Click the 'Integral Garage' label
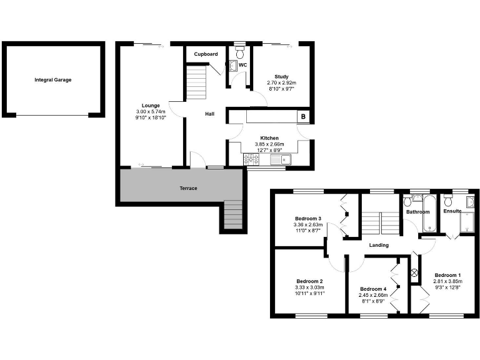click(x=53, y=80)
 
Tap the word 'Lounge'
click(x=150, y=106)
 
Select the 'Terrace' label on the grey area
click(x=188, y=188)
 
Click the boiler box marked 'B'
click(x=304, y=116)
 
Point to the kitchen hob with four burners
click(x=252, y=160)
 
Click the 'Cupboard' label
click(x=206, y=54)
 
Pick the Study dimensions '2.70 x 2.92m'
click(x=281, y=82)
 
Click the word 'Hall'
click(x=211, y=114)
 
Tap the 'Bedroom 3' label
click(x=307, y=218)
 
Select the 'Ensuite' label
click(x=452, y=211)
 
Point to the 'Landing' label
click(x=378, y=245)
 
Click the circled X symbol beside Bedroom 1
click(x=413, y=272)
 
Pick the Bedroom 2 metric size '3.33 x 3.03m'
click(x=309, y=288)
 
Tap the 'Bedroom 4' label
click(x=372, y=289)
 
